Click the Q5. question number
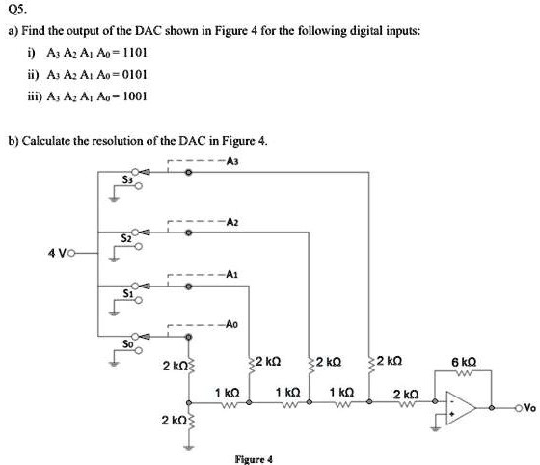(x=16, y=12)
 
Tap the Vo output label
(x=526, y=407)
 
